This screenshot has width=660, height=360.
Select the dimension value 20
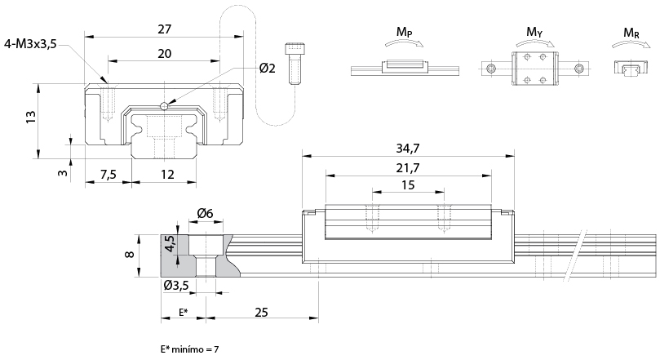[x=164, y=53]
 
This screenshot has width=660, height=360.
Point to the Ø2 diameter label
[x=267, y=69]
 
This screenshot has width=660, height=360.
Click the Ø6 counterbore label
[x=204, y=214]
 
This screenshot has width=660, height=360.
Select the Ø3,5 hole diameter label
[x=178, y=286]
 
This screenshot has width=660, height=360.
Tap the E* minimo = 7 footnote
[x=190, y=349]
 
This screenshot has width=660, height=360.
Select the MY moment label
[x=534, y=32]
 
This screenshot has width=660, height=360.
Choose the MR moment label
[x=631, y=32]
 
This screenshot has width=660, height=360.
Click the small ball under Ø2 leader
[x=166, y=104]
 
